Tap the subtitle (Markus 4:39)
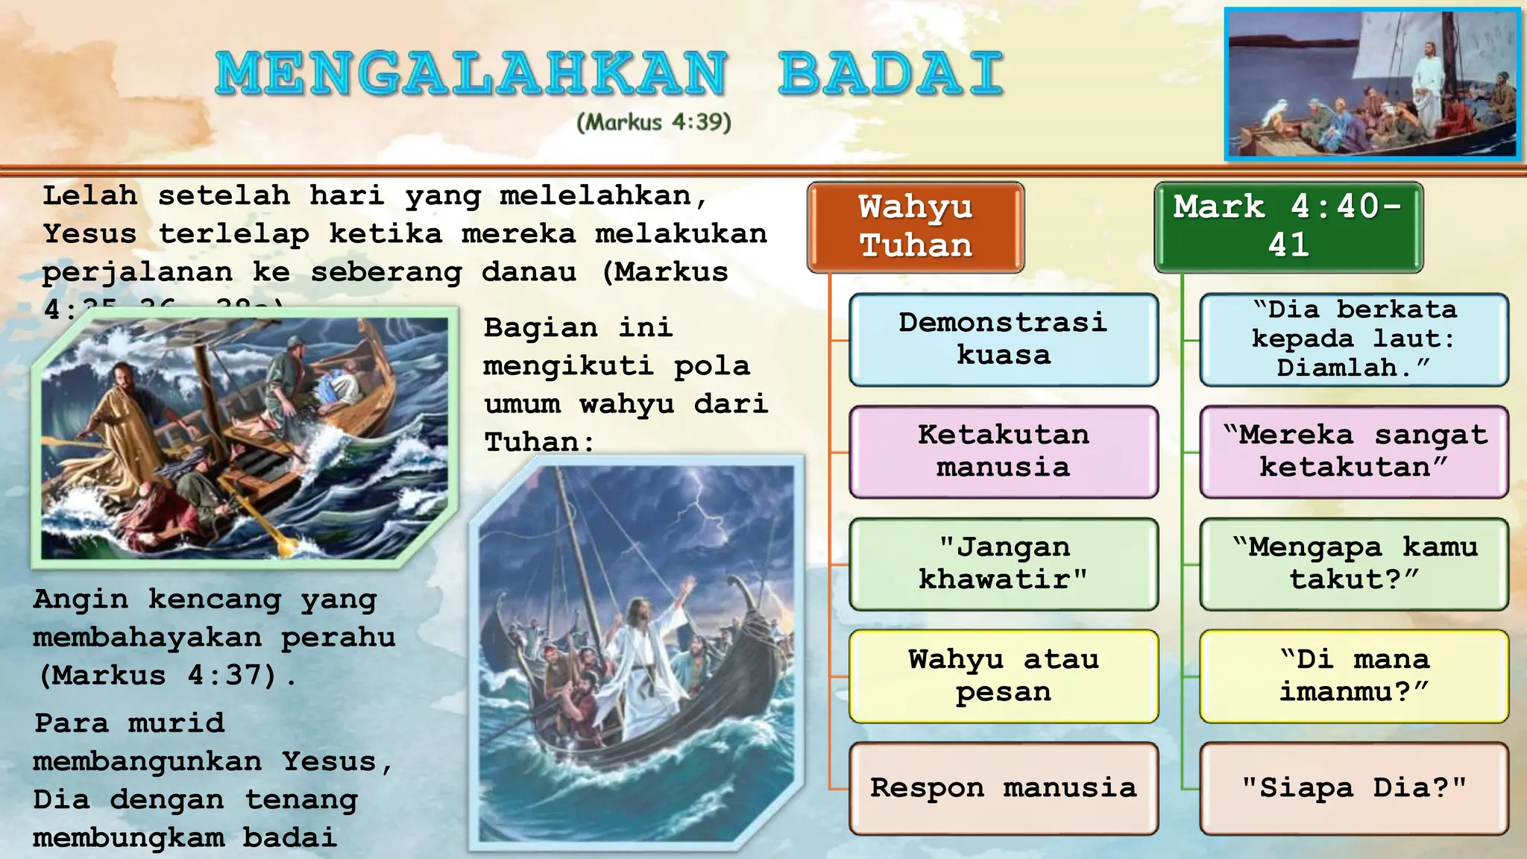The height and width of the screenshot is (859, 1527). pos(654,122)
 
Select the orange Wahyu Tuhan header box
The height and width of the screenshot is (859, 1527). pos(916,227)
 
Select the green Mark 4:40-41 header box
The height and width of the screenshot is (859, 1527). pos(1288,227)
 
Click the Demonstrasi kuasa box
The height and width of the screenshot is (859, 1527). pos(1003,339)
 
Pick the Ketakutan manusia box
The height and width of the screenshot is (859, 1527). pos(1003,451)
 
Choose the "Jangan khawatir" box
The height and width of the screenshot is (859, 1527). pos(1003,564)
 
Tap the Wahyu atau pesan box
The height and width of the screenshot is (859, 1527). pos(1003,676)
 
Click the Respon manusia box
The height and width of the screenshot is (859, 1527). pos(1003,788)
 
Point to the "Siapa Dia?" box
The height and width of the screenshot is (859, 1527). pos(1354,788)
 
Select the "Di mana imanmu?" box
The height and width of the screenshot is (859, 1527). pos(1354,676)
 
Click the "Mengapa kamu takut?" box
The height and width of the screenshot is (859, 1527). pos(1354,564)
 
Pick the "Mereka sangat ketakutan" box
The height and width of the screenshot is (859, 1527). pos(1354,451)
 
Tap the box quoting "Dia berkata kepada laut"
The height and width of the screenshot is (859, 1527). pos(1354,339)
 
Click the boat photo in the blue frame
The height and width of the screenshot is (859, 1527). pos(1372,84)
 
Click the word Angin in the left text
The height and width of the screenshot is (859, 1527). pos(81,600)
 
